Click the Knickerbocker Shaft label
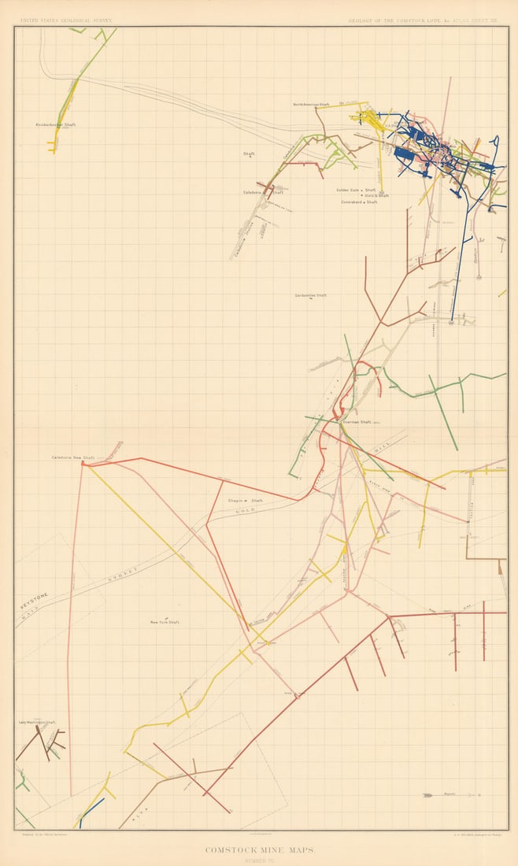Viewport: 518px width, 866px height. coord(55,124)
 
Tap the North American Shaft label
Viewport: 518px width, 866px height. coord(311,104)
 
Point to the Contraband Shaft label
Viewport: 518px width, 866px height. coord(359,202)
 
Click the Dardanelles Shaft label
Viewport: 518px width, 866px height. coord(310,296)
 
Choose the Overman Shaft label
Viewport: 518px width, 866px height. coord(356,422)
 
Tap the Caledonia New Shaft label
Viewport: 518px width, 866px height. coord(73,457)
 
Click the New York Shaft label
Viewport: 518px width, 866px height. coord(165,622)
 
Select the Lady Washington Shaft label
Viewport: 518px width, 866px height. coord(37,722)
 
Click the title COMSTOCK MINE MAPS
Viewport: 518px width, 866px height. coord(258,849)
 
